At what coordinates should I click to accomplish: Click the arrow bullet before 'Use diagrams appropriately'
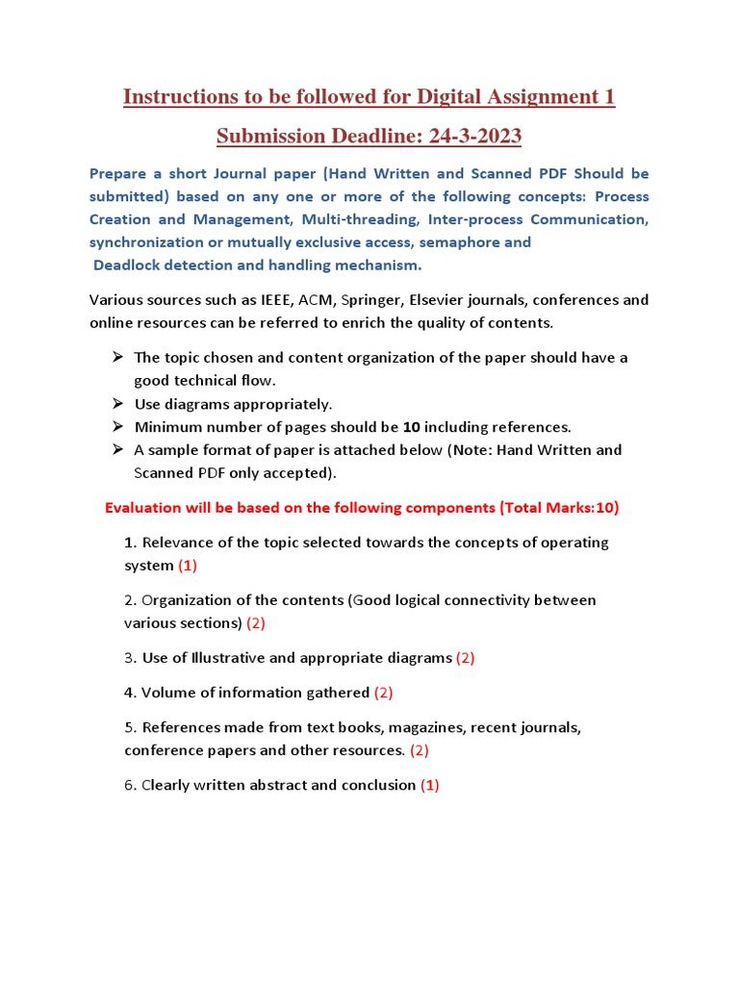[x=116, y=403]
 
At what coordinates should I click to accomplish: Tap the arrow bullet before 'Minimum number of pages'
[x=116, y=426]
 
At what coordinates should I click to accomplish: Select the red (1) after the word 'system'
[x=188, y=566]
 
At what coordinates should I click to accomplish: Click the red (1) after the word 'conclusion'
[x=429, y=785]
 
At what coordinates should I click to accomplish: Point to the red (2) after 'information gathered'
[x=383, y=693]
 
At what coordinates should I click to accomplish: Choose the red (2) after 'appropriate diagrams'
[x=465, y=658]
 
